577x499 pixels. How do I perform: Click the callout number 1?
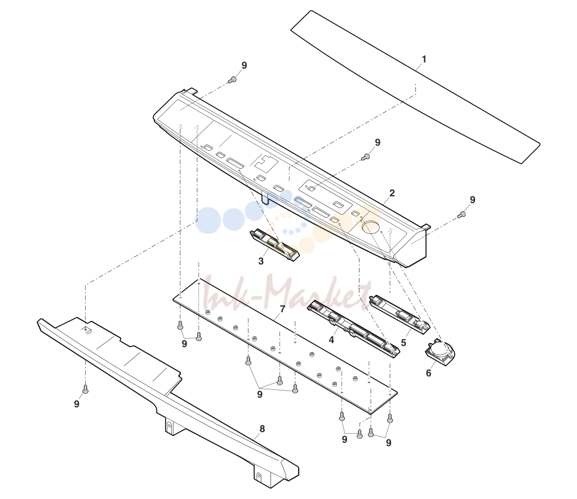click(x=424, y=59)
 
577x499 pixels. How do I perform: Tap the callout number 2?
click(x=392, y=193)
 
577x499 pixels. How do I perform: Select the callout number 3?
click(x=261, y=261)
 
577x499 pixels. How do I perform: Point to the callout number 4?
click(x=331, y=340)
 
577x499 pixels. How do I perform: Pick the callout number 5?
click(x=403, y=343)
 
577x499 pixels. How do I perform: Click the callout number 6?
click(x=429, y=373)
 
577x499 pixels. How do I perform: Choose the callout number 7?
click(x=282, y=309)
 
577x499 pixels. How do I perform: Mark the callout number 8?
click(x=262, y=429)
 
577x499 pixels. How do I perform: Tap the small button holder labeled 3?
click(x=275, y=245)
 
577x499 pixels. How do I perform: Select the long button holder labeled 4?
click(x=353, y=328)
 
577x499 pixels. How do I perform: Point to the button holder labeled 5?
click(x=400, y=313)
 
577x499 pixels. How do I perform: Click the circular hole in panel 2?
click(x=371, y=227)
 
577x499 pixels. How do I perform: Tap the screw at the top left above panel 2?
click(x=232, y=79)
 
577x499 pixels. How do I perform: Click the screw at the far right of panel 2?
click(x=460, y=215)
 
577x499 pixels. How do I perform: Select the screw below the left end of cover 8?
click(x=86, y=389)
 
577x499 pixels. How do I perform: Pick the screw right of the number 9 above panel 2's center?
click(x=365, y=157)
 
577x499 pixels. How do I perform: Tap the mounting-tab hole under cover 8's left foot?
click(x=170, y=426)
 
